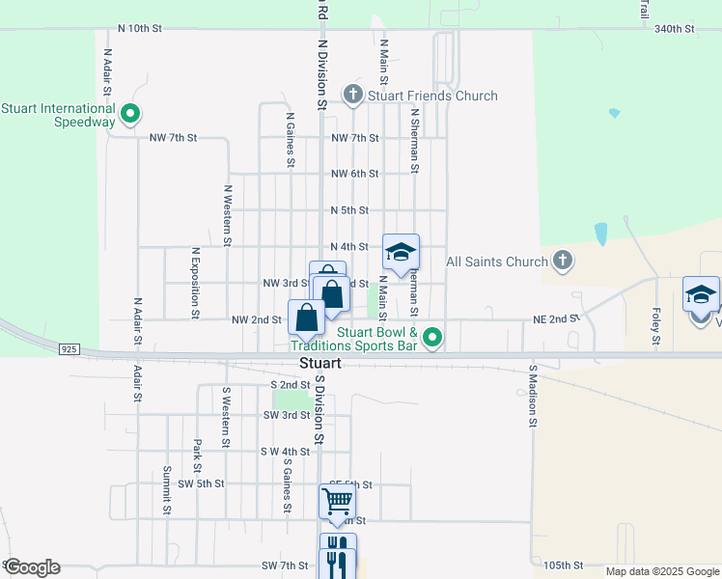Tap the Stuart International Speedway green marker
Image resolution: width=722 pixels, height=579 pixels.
tap(130, 116)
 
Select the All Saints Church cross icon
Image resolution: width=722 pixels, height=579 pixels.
tap(564, 261)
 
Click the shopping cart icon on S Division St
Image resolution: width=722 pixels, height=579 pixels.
tap(337, 501)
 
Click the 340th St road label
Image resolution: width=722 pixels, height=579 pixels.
tap(674, 29)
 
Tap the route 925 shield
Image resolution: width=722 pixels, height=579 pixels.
tap(69, 347)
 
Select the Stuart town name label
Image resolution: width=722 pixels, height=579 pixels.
tap(320, 365)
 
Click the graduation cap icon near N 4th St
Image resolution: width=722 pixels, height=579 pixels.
tap(401, 253)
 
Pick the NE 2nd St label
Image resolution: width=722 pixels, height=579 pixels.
tap(556, 317)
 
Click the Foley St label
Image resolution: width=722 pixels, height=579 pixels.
tap(655, 326)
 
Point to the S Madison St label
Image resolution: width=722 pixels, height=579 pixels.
tap(532, 396)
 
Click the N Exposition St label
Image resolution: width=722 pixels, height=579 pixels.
tap(194, 282)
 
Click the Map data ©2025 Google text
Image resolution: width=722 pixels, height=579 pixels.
tap(661, 571)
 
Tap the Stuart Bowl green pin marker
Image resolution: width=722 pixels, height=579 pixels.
tap(433, 338)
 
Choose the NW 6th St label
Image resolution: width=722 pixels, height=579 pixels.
tap(354, 174)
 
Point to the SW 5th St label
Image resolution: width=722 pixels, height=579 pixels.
tap(201, 483)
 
